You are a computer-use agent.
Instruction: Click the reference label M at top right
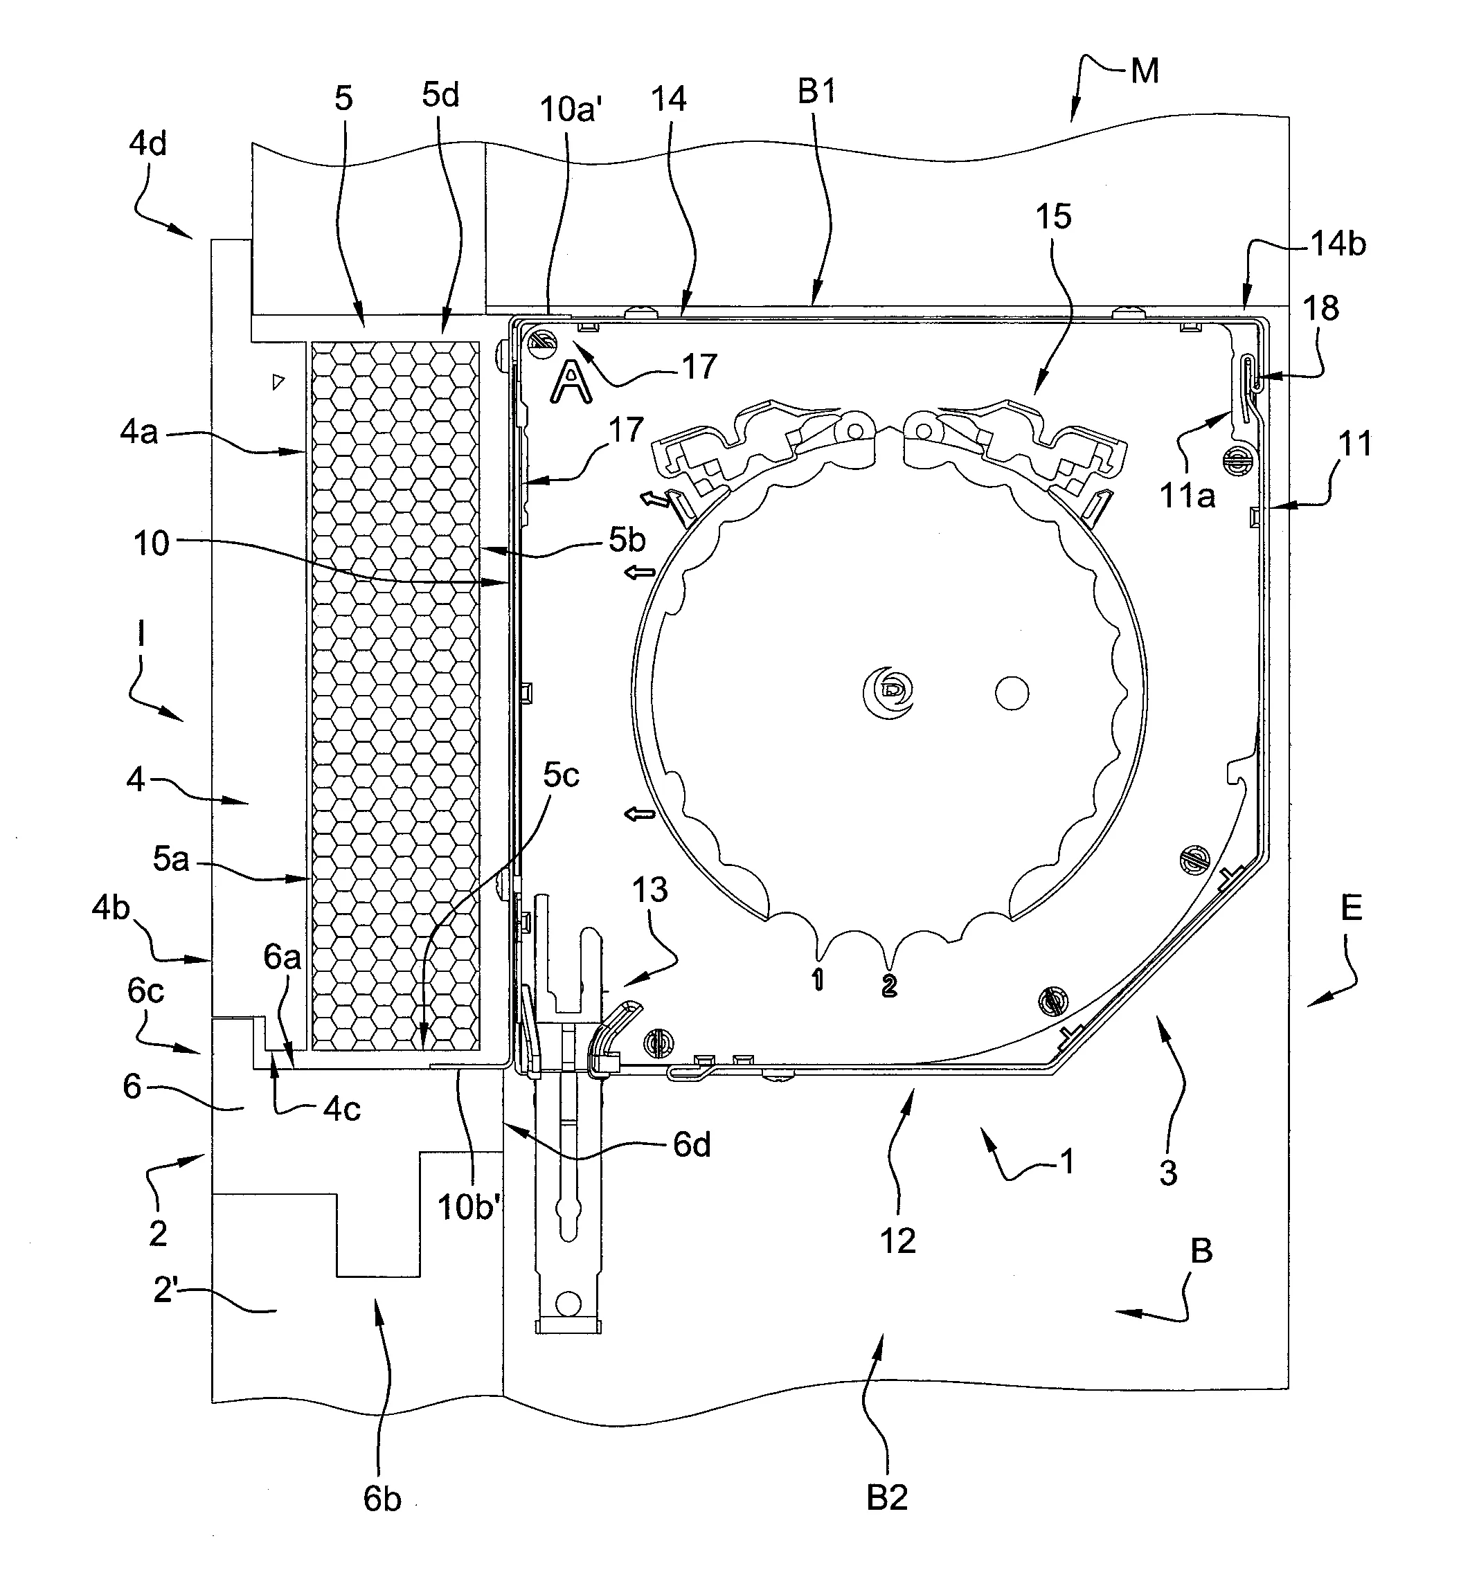pos(1145,71)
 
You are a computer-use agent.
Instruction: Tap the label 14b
pos(1338,244)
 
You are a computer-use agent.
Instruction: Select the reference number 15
pos(1053,217)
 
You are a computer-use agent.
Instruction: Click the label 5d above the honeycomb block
pos(441,96)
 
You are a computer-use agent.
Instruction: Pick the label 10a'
pos(567,109)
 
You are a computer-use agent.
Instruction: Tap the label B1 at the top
pos(817,93)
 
